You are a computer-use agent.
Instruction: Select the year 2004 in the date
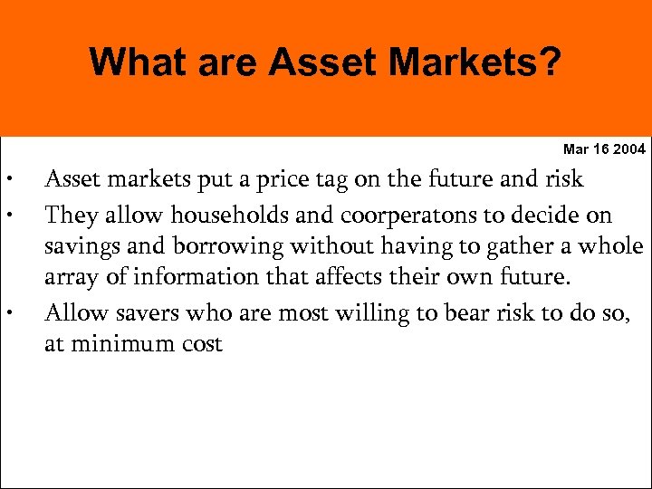tap(629, 149)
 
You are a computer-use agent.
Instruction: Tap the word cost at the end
tap(200, 345)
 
